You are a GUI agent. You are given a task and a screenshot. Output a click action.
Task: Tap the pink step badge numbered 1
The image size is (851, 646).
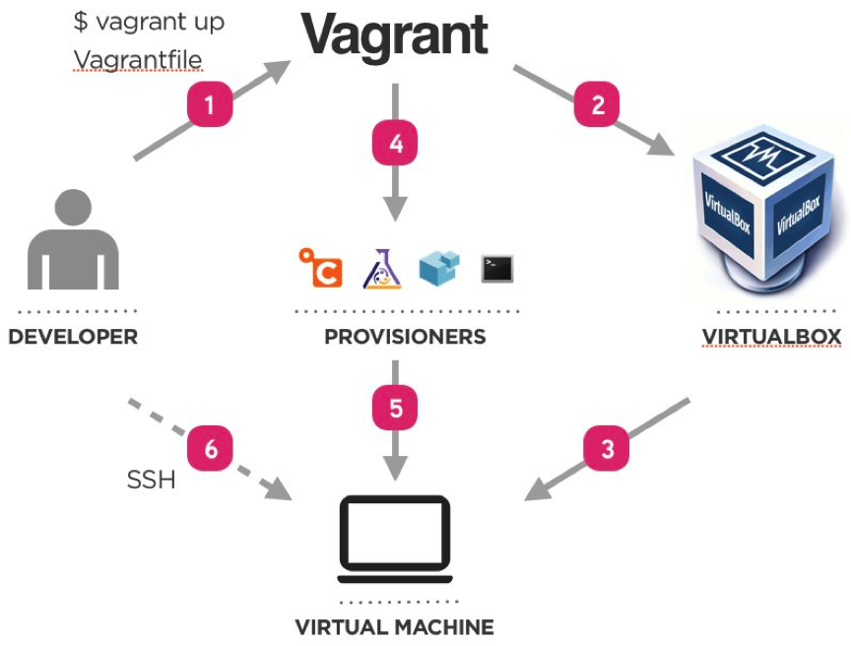click(x=209, y=103)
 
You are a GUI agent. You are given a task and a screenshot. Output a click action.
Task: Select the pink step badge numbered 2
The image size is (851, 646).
click(x=598, y=103)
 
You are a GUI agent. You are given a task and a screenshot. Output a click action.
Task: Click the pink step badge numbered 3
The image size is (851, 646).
click(x=608, y=449)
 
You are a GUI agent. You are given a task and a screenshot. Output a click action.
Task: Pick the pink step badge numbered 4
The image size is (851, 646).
click(x=395, y=144)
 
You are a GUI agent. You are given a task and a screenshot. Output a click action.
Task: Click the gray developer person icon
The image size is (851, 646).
click(x=74, y=240)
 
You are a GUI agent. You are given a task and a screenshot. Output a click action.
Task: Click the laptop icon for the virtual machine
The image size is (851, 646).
click(x=394, y=539)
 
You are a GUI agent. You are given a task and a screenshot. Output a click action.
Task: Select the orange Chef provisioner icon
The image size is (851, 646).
click(x=320, y=268)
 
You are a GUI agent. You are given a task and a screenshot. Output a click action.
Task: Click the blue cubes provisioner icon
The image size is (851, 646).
click(x=439, y=267)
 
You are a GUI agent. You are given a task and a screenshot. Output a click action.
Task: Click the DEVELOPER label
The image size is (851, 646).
click(x=73, y=337)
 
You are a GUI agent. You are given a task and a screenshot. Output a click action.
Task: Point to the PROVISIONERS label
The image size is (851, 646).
click(x=405, y=337)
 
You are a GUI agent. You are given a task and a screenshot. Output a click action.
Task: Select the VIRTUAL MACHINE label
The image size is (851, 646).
click(x=394, y=626)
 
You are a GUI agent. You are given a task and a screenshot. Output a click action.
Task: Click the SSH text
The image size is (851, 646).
click(x=151, y=481)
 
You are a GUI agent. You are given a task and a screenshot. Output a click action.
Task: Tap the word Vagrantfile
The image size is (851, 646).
click(x=138, y=60)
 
